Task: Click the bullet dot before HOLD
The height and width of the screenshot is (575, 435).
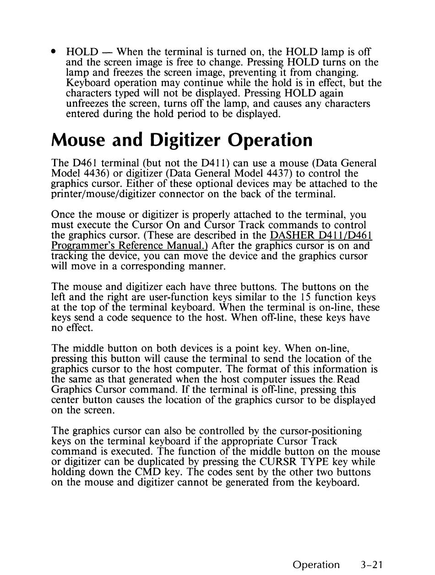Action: click(x=54, y=51)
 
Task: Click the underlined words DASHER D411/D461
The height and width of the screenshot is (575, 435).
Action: click(x=321, y=236)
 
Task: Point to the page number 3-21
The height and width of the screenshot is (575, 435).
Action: click(x=371, y=564)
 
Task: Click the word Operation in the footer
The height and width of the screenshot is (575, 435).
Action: click(x=316, y=565)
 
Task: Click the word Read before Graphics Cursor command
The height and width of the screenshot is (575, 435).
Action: click(x=348, y=379)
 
